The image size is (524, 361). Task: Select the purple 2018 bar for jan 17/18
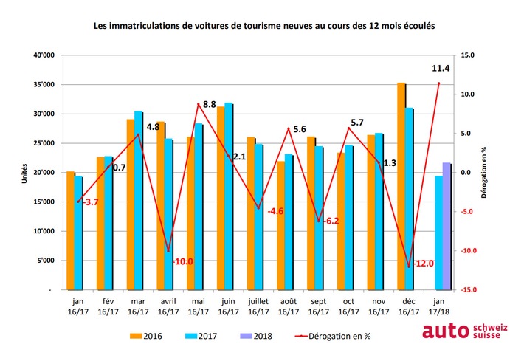(x=447, y=226)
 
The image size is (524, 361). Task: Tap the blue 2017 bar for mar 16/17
(x=138, y=200)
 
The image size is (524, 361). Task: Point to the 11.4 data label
(x=441, y=69)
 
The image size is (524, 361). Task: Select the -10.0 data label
(x=182, y=261)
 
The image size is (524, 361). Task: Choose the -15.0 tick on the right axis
(x=468, y=289)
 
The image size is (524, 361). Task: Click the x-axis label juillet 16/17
(x=259, y=306)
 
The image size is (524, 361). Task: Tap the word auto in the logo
(x=444, y=331)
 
